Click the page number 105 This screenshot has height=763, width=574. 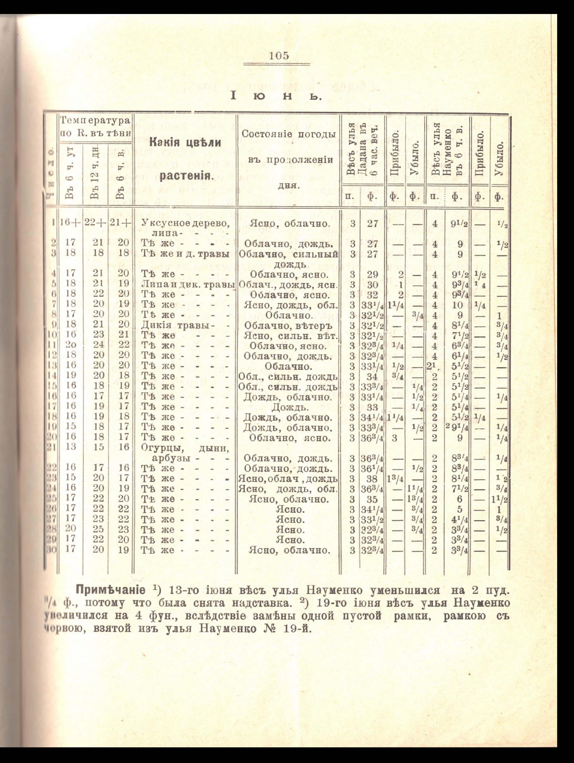point(279,56)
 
